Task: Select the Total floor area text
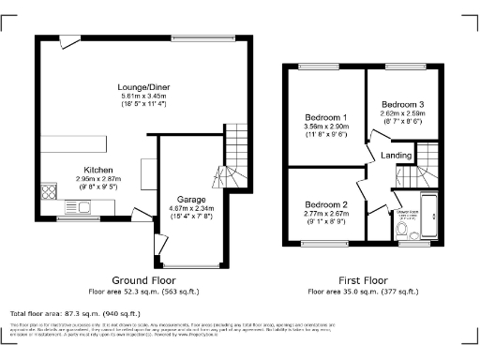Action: coord(75,312)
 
